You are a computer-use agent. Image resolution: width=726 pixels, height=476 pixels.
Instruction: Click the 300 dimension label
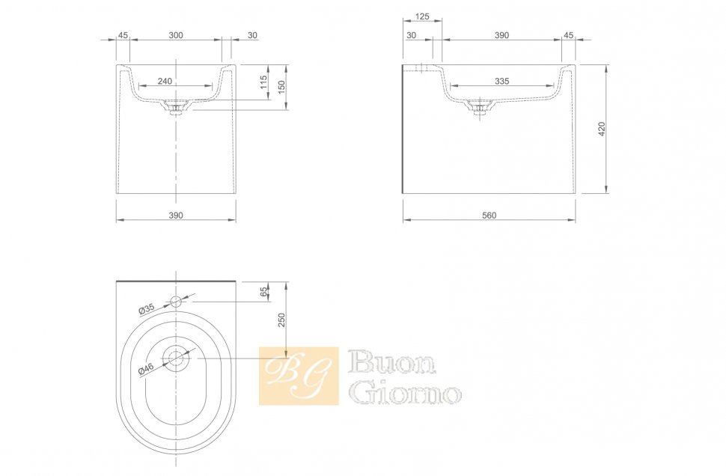pyautogui.click(x=176, y=35)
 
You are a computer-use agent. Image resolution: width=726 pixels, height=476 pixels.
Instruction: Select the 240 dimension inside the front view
pyautogui.click(x=165, y=82)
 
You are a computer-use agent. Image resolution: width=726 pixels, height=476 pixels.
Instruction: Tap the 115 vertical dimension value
pyautogui.click(x=263, y=82)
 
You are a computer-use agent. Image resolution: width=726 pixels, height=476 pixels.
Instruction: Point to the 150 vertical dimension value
pyautogui.click(x=281, y=87)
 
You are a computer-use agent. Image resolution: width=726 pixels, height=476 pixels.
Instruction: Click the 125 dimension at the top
pyautogui.click(x=422, y=16)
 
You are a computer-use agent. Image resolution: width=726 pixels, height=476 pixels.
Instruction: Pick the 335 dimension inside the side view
pyautogui.click(x=502, y=82)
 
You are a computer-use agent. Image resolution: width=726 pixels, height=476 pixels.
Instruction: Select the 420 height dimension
pyautogui.click(x=602, y=129)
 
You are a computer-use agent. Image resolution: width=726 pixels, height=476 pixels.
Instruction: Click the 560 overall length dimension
pyautogui.click(x=489, y=216)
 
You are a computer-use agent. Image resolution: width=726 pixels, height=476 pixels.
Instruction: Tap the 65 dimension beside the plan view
pyautogui.click(x=263, y=292)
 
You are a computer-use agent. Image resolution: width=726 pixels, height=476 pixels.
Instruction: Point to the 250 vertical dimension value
pyautogui.click(x=281, y=320)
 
